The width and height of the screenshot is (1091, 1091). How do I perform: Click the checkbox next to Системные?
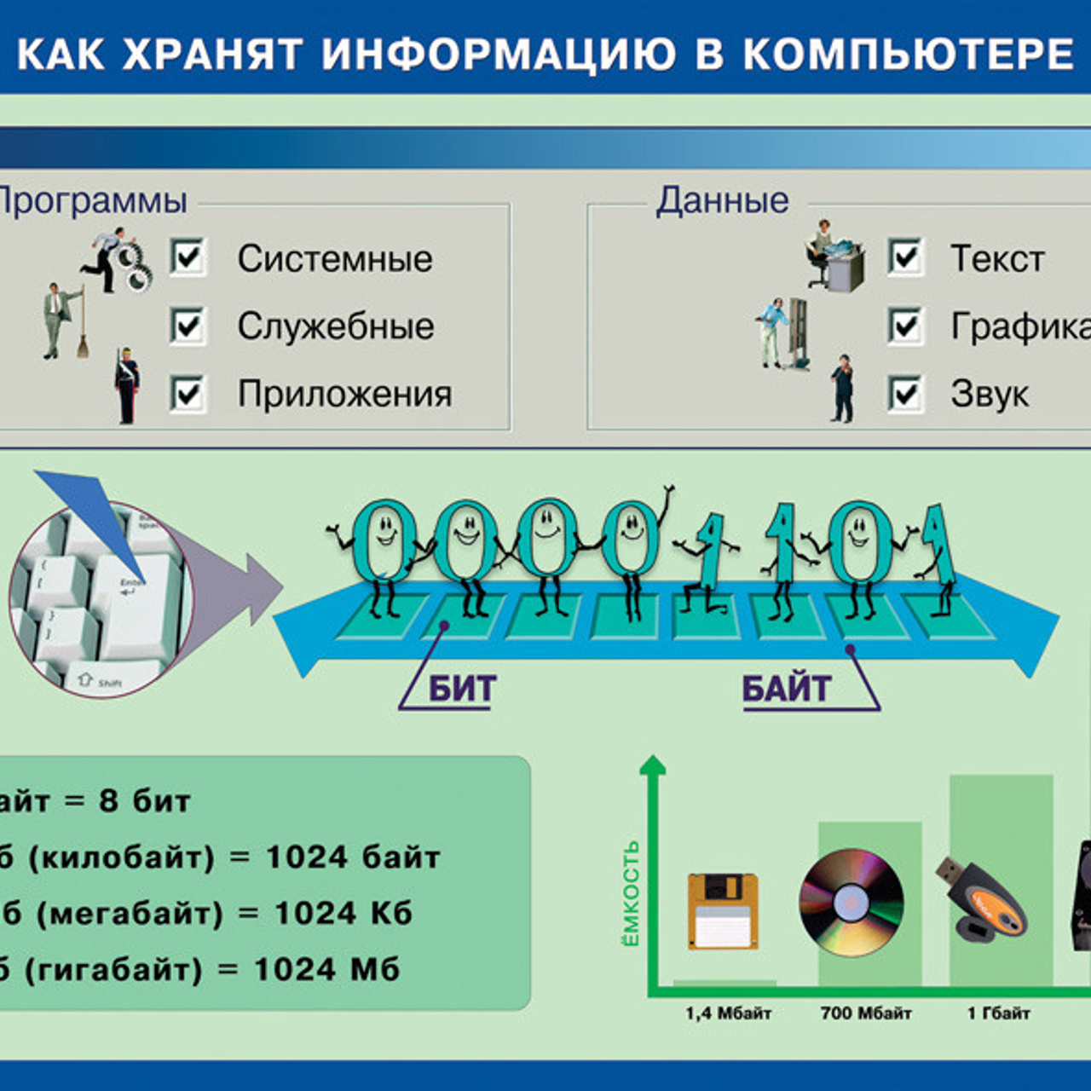click(x=188, y=257)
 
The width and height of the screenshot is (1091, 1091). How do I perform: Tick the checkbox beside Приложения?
click(x=188, y=393)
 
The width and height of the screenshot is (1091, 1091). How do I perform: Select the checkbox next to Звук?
click(x=905, y=393)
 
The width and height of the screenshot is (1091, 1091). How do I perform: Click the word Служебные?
click(x=335, y=326)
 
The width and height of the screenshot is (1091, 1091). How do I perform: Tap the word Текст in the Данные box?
click(x=997, y=258)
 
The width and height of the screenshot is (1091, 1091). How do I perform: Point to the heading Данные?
click(x=722, y=201)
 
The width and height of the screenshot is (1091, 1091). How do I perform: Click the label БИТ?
click(x=461, y=689)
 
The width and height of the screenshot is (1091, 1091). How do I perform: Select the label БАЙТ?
click(x=786, y=689)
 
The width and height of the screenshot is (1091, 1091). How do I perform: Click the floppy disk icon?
click(x=723, y=910)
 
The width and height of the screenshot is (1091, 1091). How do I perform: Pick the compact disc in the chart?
click(x=851, y=902)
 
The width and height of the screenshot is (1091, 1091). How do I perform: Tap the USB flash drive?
click(x=982, y=899)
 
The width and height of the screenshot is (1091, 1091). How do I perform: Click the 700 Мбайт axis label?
click(x=866, y=1013)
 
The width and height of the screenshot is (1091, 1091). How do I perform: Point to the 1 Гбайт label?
click(x=998, y=1013)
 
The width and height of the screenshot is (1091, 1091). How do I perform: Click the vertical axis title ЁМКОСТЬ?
click(x=630, y=893)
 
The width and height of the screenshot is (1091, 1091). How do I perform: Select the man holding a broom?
click(x=61, y=320)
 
